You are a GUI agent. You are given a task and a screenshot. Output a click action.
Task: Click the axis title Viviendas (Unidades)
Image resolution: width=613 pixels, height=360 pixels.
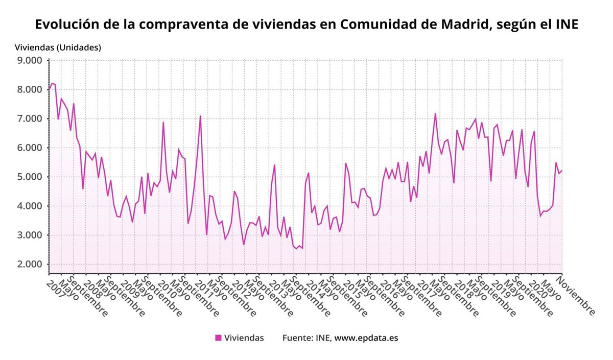pos(58,47)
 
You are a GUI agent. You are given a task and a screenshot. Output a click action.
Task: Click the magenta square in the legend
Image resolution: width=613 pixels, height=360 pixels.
pos(218,338)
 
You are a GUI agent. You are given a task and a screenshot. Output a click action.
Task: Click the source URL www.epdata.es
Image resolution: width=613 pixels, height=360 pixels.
pos(366,338)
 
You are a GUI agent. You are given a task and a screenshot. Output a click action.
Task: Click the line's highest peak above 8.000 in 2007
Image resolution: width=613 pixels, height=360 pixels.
pos(52,83)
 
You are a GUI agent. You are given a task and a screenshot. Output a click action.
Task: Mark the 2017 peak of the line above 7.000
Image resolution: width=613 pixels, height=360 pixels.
pos(435,113)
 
